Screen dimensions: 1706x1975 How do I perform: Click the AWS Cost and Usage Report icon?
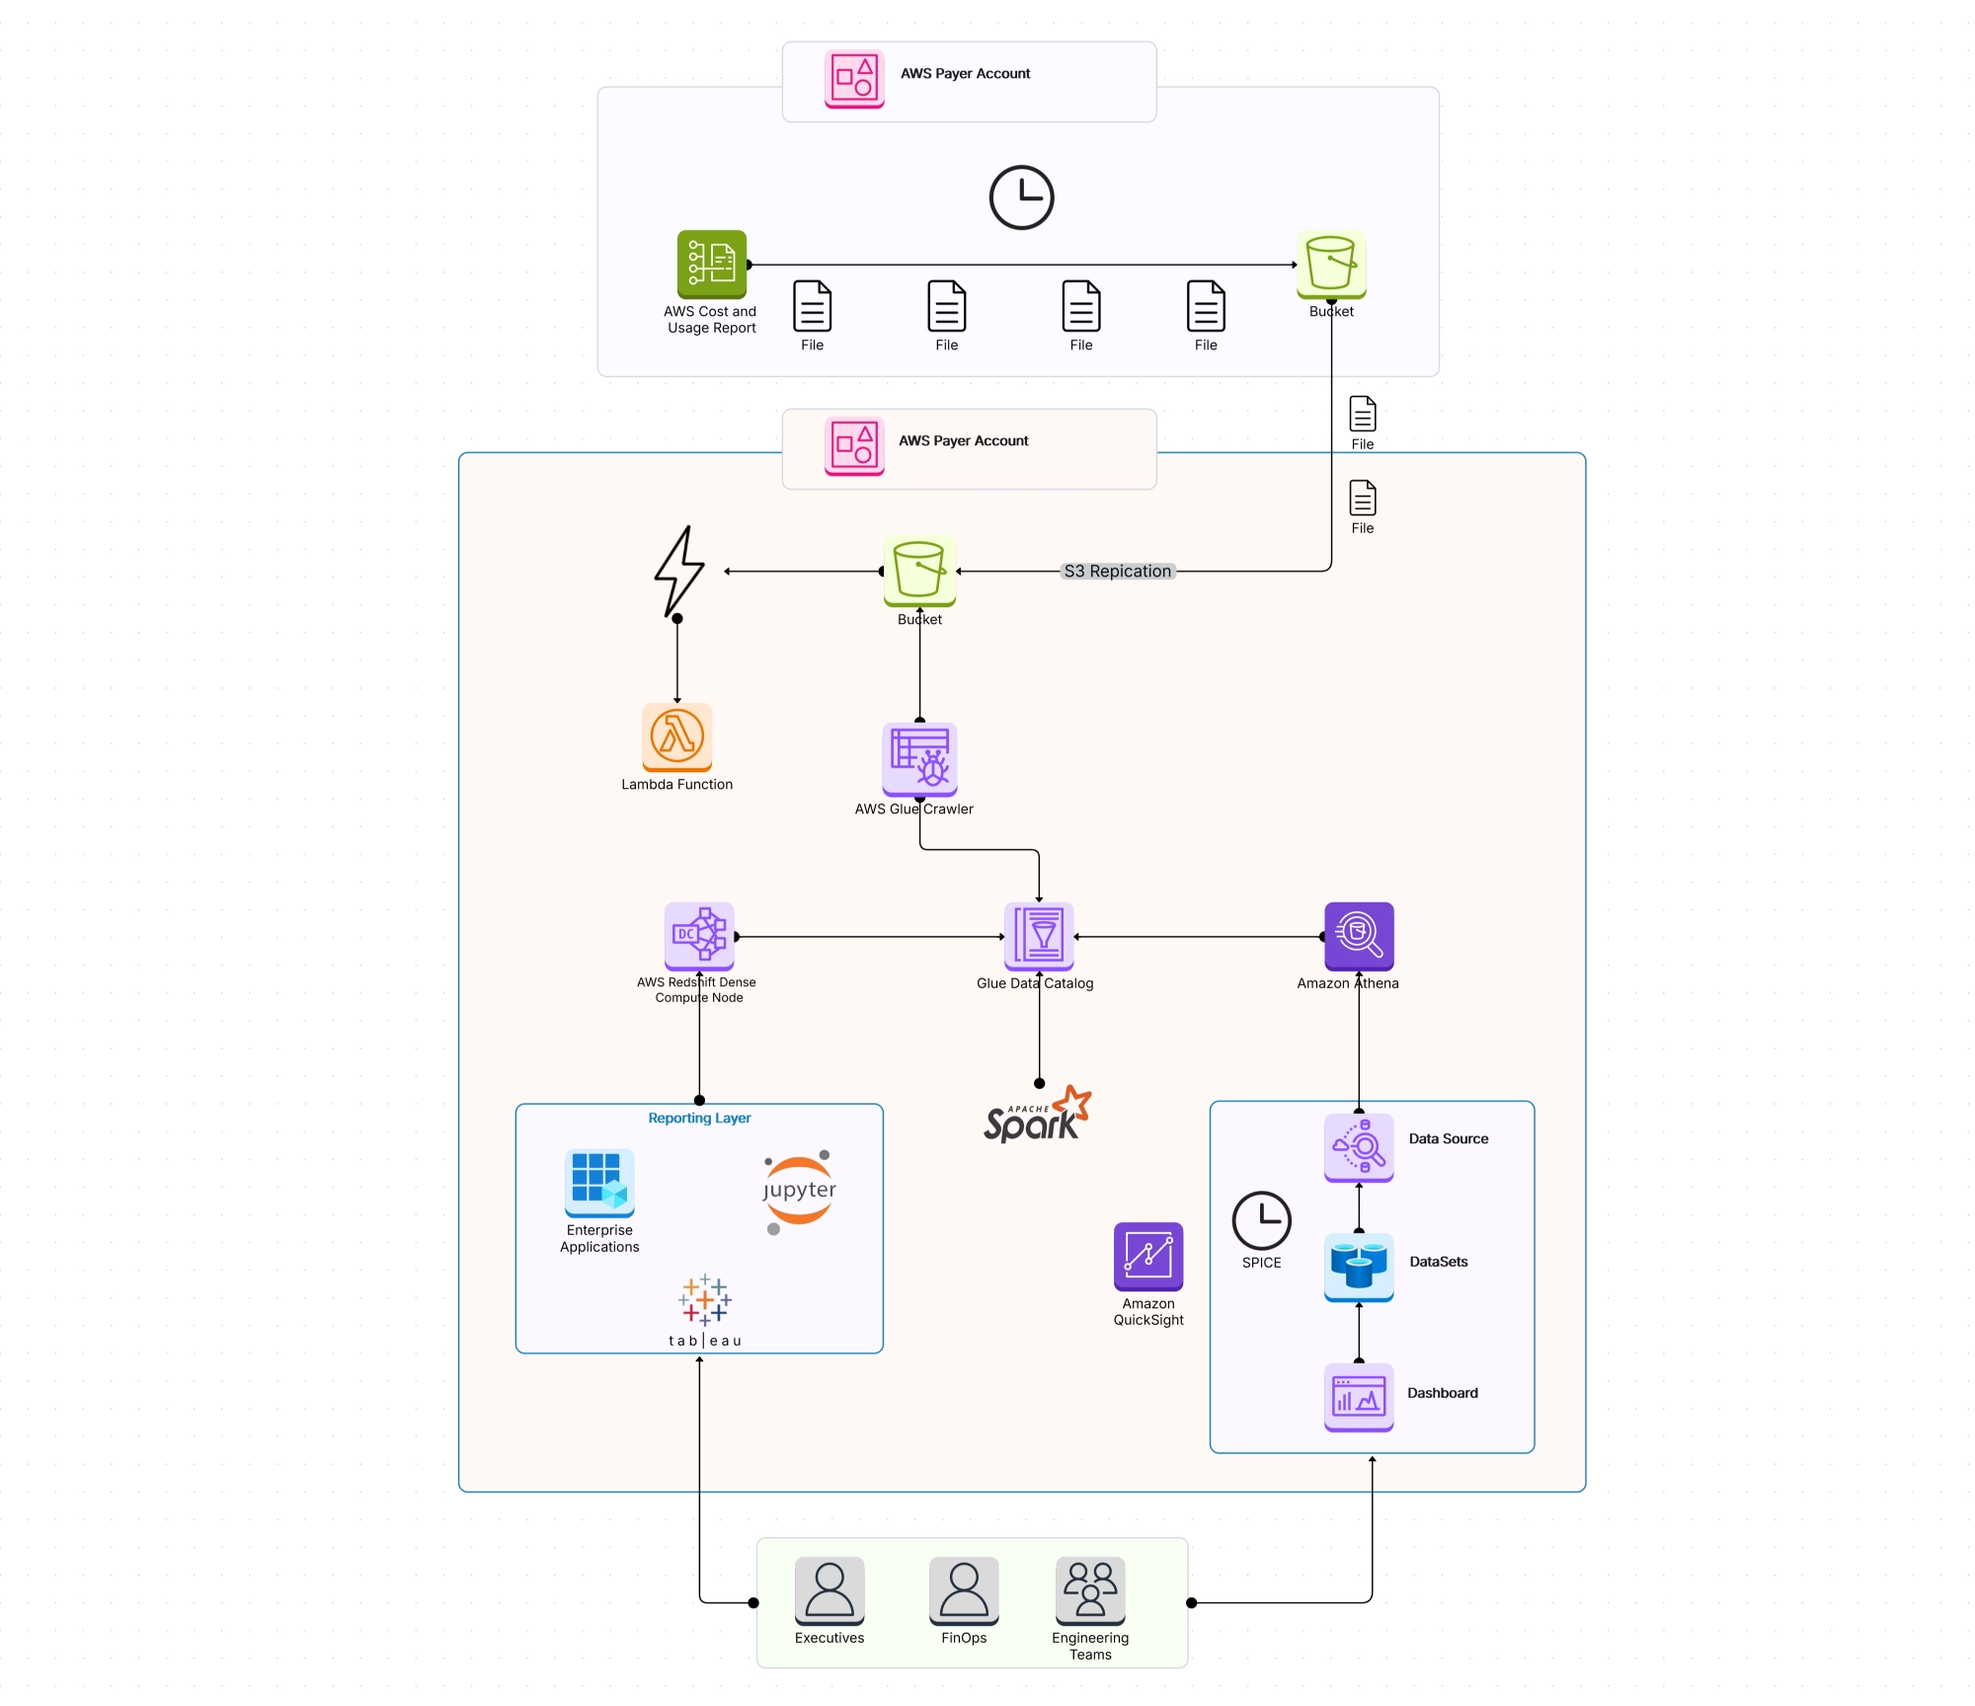(x=711, y=264)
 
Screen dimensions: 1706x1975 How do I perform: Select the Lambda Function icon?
(x=676, y=737)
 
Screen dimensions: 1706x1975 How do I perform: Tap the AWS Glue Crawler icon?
(x=919, y=758)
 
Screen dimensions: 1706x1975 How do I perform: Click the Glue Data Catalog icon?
(x=1038, y=936)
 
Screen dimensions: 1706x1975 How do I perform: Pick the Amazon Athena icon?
(x=1359, y=936)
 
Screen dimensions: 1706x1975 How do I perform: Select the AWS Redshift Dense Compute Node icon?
(x=699, y=936)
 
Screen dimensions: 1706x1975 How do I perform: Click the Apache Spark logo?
(x=1037, y=1116)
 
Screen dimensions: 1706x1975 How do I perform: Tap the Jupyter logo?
(x=799, y=1192)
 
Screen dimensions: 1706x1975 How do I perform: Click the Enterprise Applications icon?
(x=599, y=1183)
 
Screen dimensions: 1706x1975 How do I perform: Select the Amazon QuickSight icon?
(x=1148, y=1256)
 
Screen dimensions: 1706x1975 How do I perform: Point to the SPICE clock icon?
(x=1261, y=1220)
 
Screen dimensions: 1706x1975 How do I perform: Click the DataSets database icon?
(x=1359, y=1267)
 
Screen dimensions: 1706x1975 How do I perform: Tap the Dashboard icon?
(x=1359, y=1397)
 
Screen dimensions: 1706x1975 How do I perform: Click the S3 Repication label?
(x=1117, y=571)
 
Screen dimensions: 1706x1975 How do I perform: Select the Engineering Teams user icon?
(x=1090, y=1590)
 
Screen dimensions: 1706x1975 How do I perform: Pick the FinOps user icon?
(x=964, y=1590)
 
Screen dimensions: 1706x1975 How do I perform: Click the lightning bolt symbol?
(x=679, y=572)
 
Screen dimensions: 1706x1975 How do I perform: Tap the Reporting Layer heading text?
(x=699, y=1118)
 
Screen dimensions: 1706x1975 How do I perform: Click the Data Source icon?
(x=1359, y=1147)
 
